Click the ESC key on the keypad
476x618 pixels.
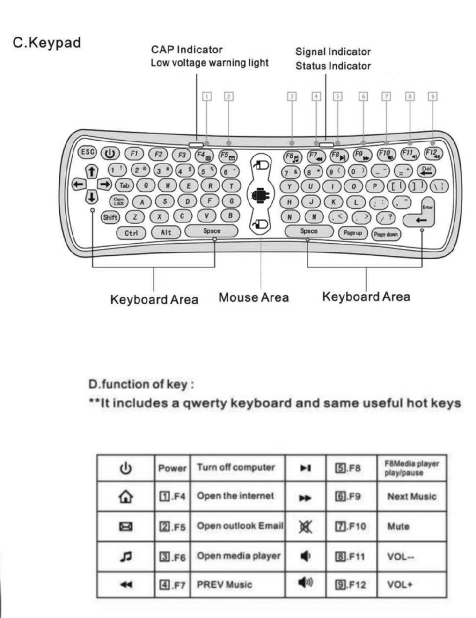(x=87, y=152)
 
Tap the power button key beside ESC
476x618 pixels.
(x=108, y=153)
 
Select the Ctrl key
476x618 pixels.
(x=129, y=232)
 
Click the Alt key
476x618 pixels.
(x=166, y=232)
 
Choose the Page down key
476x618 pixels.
(x=387, y=233)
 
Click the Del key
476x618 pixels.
(x=426, y=169)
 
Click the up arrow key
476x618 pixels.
(x=90, y=170)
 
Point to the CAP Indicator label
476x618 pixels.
(x=187, y=50)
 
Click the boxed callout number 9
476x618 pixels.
(x=433, y=97)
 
